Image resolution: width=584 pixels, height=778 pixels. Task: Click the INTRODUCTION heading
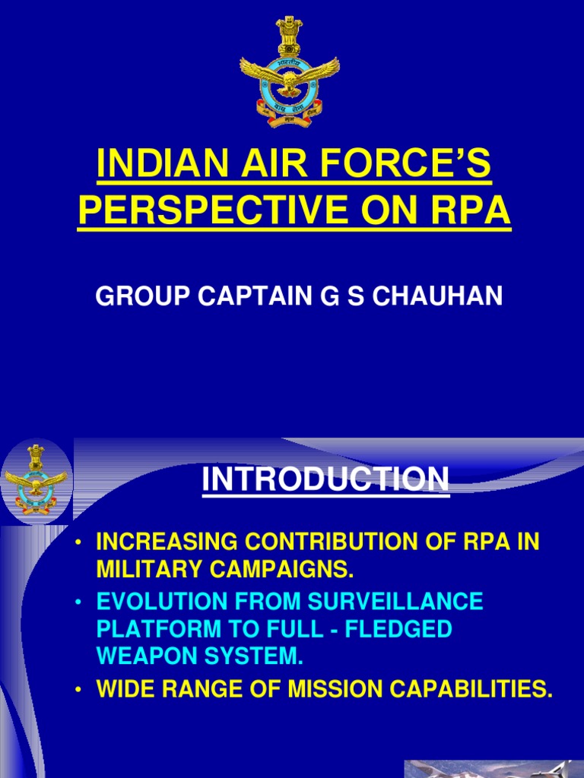point(325,479)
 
